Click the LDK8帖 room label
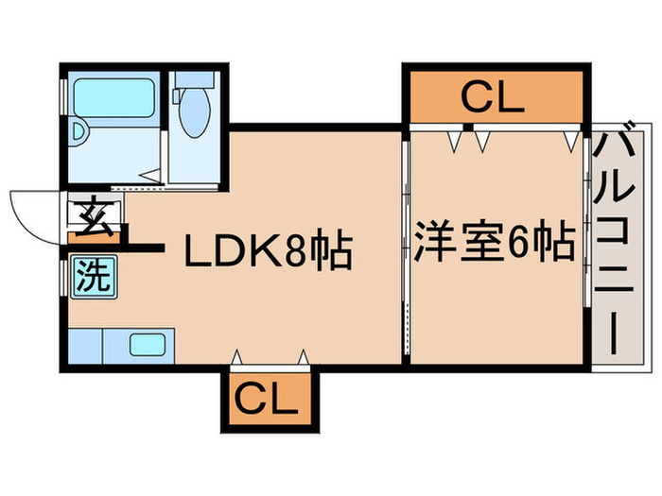pos(269,248)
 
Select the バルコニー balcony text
pos(614,237)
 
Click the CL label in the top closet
pos(493,97)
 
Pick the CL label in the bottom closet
pos(266,399)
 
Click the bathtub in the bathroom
pos(114,98)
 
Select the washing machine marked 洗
pos(94,277)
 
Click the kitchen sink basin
pos(148,345)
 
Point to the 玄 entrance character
pos(96,216)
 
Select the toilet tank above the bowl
pos(195,79)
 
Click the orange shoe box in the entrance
pos(95,237)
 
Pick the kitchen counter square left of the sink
pos(85,346)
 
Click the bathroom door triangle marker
pos(150,175)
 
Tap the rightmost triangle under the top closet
pos(571,142)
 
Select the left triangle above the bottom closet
pos(237,357)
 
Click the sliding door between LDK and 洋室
pos(406,248)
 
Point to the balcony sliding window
pos(587,222)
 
